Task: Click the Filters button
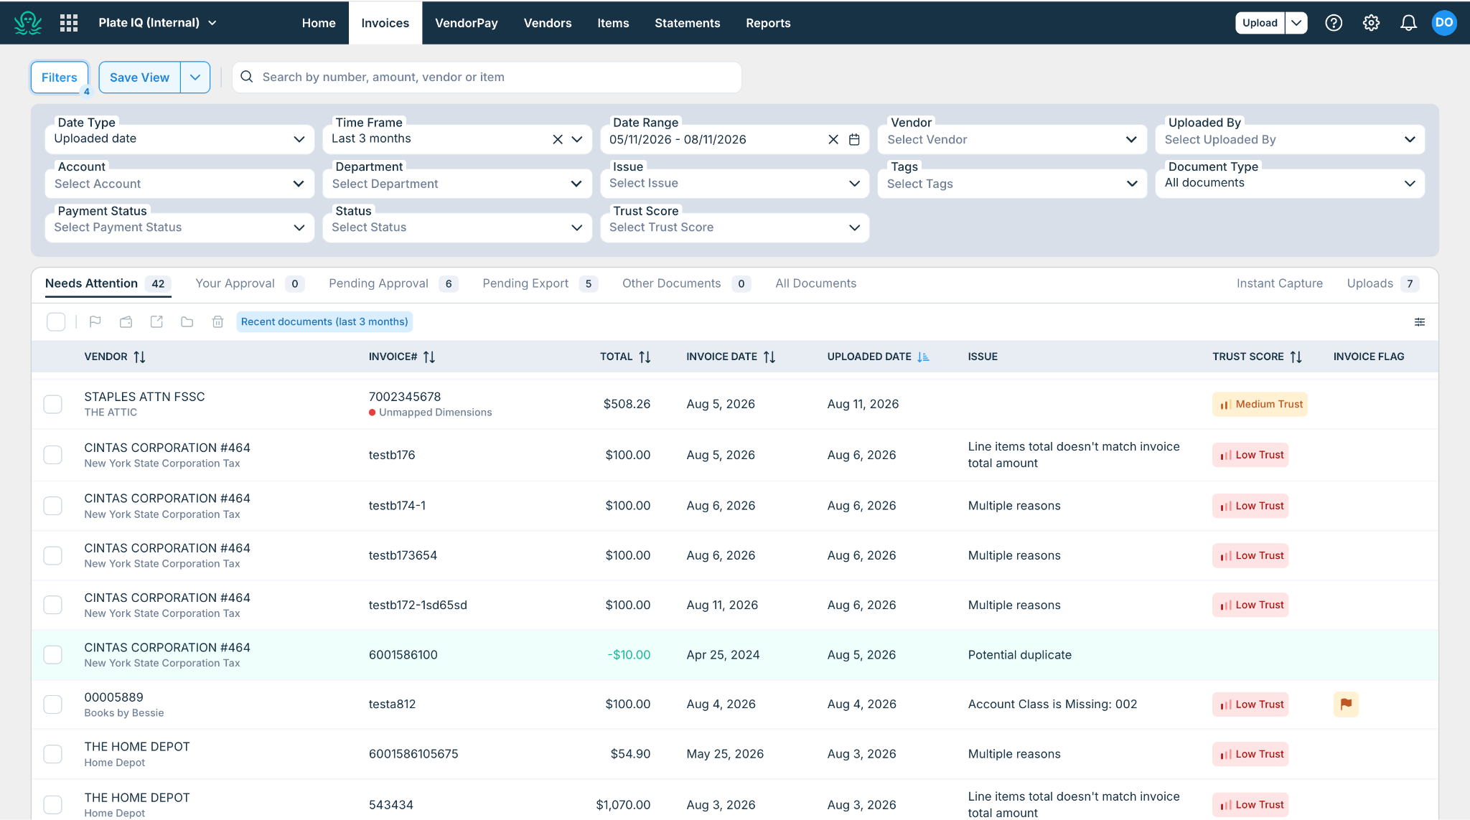coord(59,77)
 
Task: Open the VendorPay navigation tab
coord(467,23)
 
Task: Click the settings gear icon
coord(1371,23)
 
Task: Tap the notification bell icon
coord(1408,23)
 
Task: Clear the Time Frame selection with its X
coord(558,139)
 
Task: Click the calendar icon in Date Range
coord(854,139)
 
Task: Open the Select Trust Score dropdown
coord(734,227)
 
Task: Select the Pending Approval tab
coord(378,283)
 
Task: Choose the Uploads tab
coord(1370,283)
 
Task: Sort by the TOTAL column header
coord(617,357)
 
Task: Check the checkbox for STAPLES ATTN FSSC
coord(53,404)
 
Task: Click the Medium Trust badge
coord(1260,404)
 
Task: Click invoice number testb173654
coord(403,555)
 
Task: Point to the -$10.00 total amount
coord(629,654)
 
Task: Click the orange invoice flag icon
coord(1346,704)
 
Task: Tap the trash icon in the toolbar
coord(218,321)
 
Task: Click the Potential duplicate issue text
coord(1019,654)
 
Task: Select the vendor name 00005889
coord(114,697)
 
